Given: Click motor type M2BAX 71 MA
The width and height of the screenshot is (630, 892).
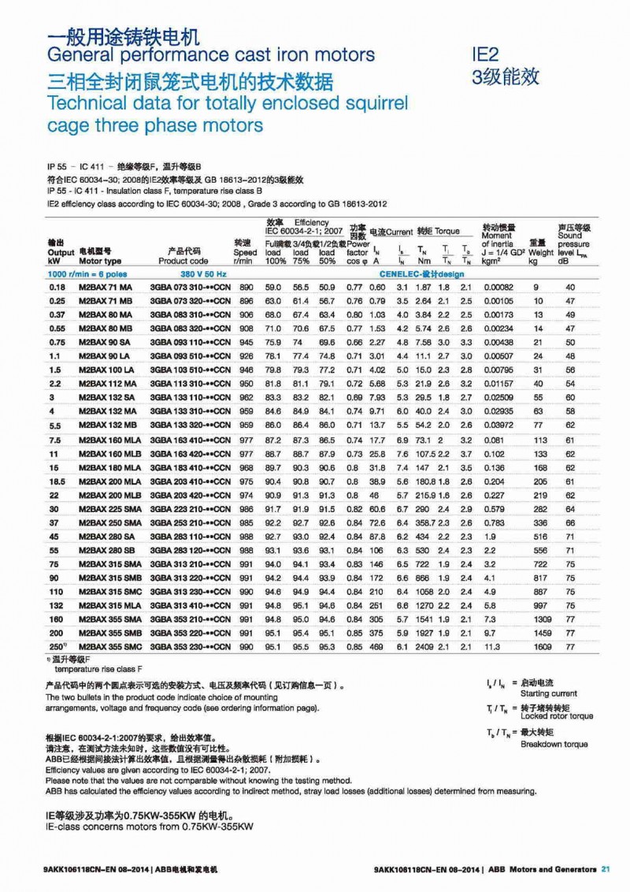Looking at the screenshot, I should click(x=106, y=288).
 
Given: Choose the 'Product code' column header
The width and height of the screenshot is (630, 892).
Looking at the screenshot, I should click(x=183, y=260).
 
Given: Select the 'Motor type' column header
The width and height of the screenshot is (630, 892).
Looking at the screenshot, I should click(x=101, y=260).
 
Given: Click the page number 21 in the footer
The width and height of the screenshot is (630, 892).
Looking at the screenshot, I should click(x=606, y=869).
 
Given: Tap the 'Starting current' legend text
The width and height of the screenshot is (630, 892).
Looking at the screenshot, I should click(x=547, y=693).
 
